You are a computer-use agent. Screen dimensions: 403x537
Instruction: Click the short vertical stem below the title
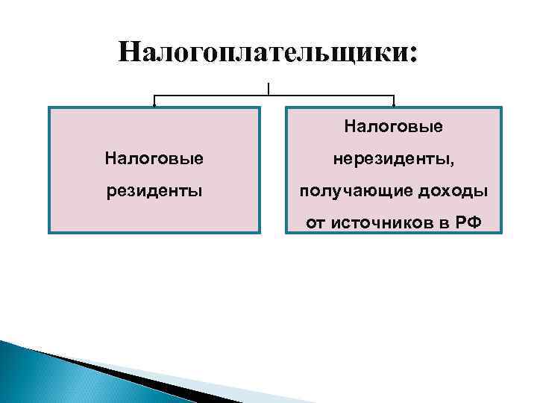268,88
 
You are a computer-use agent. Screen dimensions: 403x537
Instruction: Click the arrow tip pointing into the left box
154,105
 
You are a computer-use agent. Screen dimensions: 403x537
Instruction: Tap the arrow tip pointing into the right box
394,105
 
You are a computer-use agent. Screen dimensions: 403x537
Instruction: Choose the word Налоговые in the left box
154,158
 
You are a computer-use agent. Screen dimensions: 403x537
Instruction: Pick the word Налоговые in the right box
393,127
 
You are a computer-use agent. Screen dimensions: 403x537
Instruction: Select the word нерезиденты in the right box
391,158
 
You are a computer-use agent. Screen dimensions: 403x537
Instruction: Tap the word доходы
458,191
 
